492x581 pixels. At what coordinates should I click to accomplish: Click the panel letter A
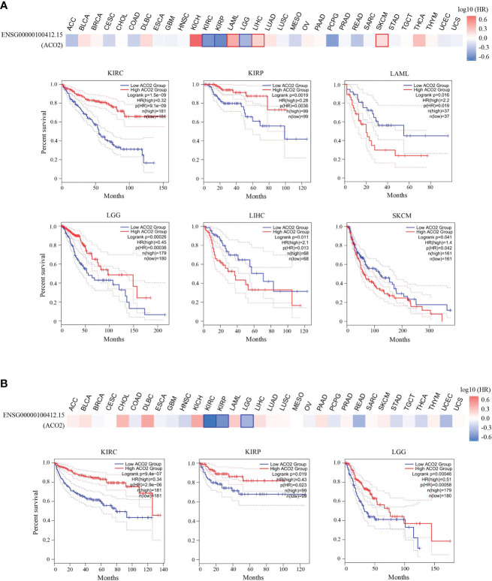pyautogui.click(x=7, y=8)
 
